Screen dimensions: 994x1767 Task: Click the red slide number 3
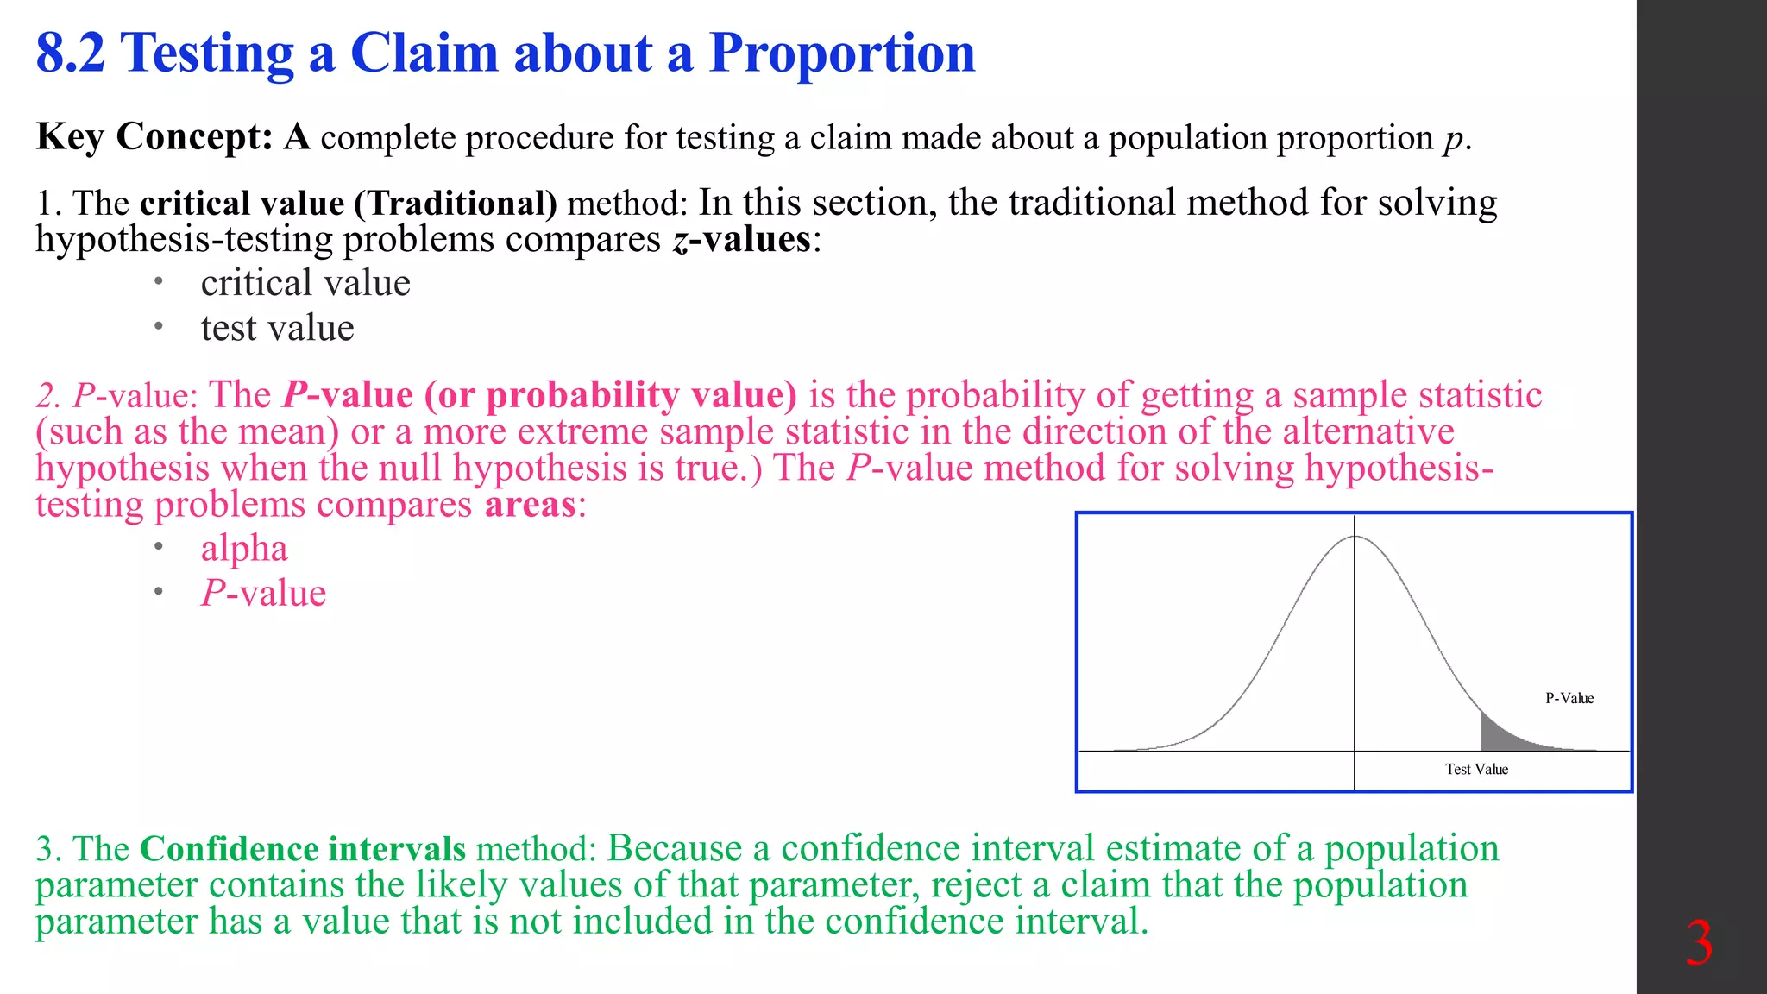pos(1699,944)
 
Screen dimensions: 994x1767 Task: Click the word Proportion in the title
pos(842,53)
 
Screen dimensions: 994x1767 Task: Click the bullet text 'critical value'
pos(305,283)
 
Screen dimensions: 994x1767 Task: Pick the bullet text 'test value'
pos(277,328)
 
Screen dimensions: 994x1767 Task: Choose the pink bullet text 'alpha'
pos(244,549)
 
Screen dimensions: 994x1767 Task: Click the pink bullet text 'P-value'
pos(263,594)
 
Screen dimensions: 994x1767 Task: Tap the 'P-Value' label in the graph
pos(1569,698)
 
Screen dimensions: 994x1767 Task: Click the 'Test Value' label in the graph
pos(1476,769)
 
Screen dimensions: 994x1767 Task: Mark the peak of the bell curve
pos(1355,538)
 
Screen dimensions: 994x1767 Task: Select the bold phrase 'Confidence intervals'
pos(302,849)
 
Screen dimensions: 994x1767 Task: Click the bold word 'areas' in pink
pos(530,505)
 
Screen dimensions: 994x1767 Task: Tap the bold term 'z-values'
pos(741,239)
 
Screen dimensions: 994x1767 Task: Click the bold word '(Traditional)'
pos(456,204)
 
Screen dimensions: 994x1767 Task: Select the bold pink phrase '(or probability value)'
pos(611,395)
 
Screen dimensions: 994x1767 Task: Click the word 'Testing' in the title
pos(208,53)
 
